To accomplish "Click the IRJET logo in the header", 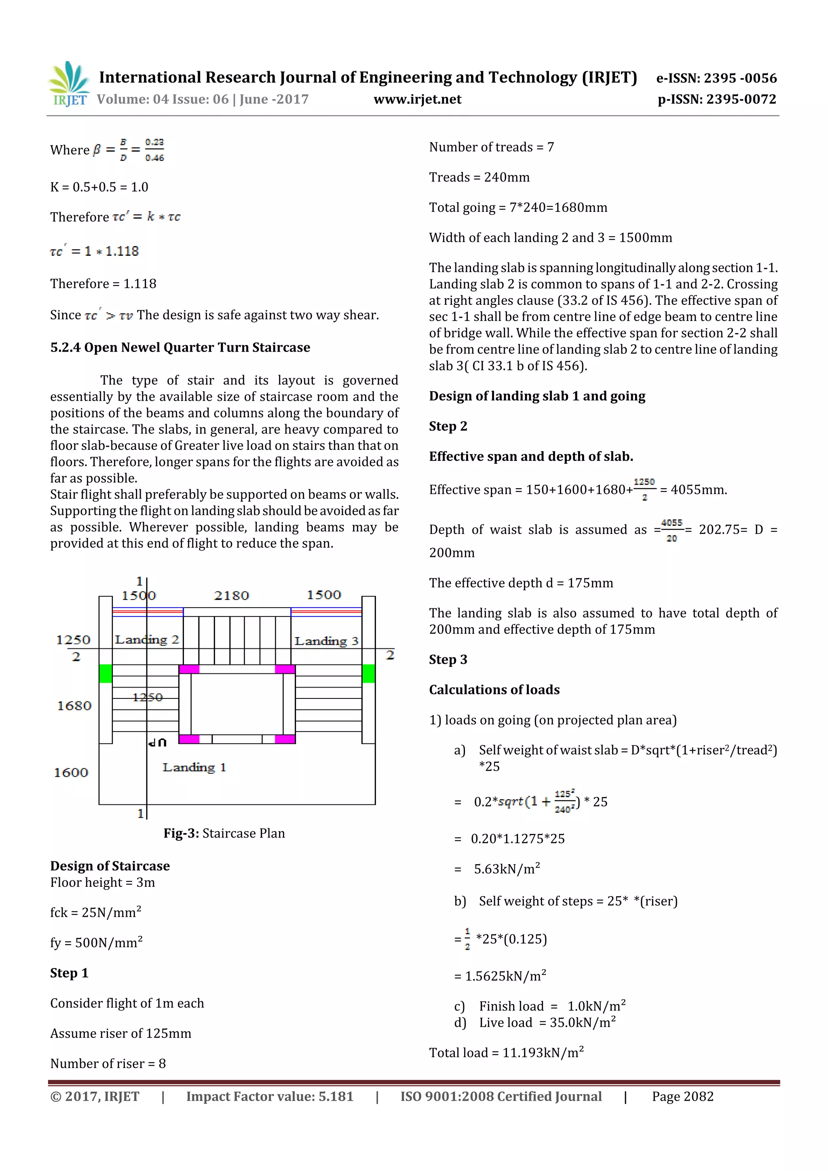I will point(68,84).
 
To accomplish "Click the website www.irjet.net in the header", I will point(417,99).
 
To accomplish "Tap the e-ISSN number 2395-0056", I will point(740,78).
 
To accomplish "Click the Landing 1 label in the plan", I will point(194,768).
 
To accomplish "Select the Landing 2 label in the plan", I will point(147,639).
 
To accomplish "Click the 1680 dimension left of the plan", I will point(74,706).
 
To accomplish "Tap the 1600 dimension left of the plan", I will point(71,773).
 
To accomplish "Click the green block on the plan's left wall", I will point(106,673).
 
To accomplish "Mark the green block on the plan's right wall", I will point(368,673).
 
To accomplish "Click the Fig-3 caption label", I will point(181,833).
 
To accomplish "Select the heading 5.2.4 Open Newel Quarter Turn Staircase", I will point(180,347).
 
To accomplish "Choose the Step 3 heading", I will point(448,659).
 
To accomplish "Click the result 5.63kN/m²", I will point(507,869).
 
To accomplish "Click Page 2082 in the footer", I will point(682,1097).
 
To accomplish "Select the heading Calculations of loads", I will point(494,690).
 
